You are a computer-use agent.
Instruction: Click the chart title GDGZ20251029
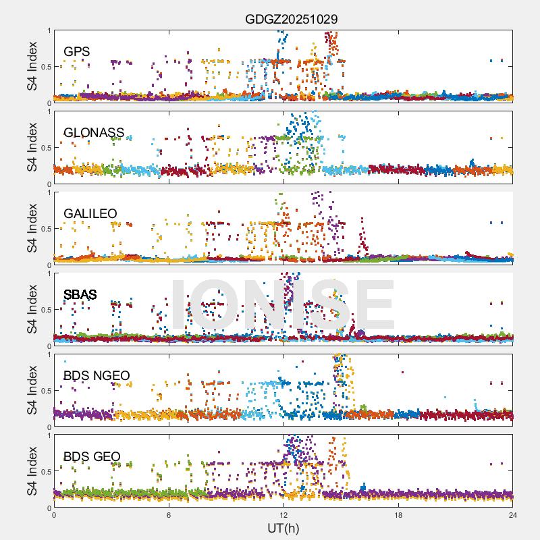click(x=291, y=19)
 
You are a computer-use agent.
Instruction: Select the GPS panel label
click(x=77, y=52)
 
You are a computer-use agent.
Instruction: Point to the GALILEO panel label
click(x=90, y=214)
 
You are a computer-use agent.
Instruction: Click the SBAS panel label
click(x=80, y=295)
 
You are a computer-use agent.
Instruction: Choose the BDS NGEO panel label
click(x=97, y=376)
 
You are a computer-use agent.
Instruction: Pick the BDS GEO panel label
click(x=92, y=457)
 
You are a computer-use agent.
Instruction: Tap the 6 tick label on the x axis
click(x=169, y=515)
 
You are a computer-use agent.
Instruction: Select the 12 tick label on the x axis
click(x=283, y=515)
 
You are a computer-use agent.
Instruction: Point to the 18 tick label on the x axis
click(x=398, y=515)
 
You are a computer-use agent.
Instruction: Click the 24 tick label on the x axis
click(x=513, y=515)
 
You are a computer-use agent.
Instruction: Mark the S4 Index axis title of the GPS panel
click(x=32, y=66)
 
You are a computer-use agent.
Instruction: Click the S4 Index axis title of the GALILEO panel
click(x=32, y=228)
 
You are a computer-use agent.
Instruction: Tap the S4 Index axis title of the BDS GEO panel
click(x=32, y=471)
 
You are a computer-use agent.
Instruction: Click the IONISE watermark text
click(x=282, y=306)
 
